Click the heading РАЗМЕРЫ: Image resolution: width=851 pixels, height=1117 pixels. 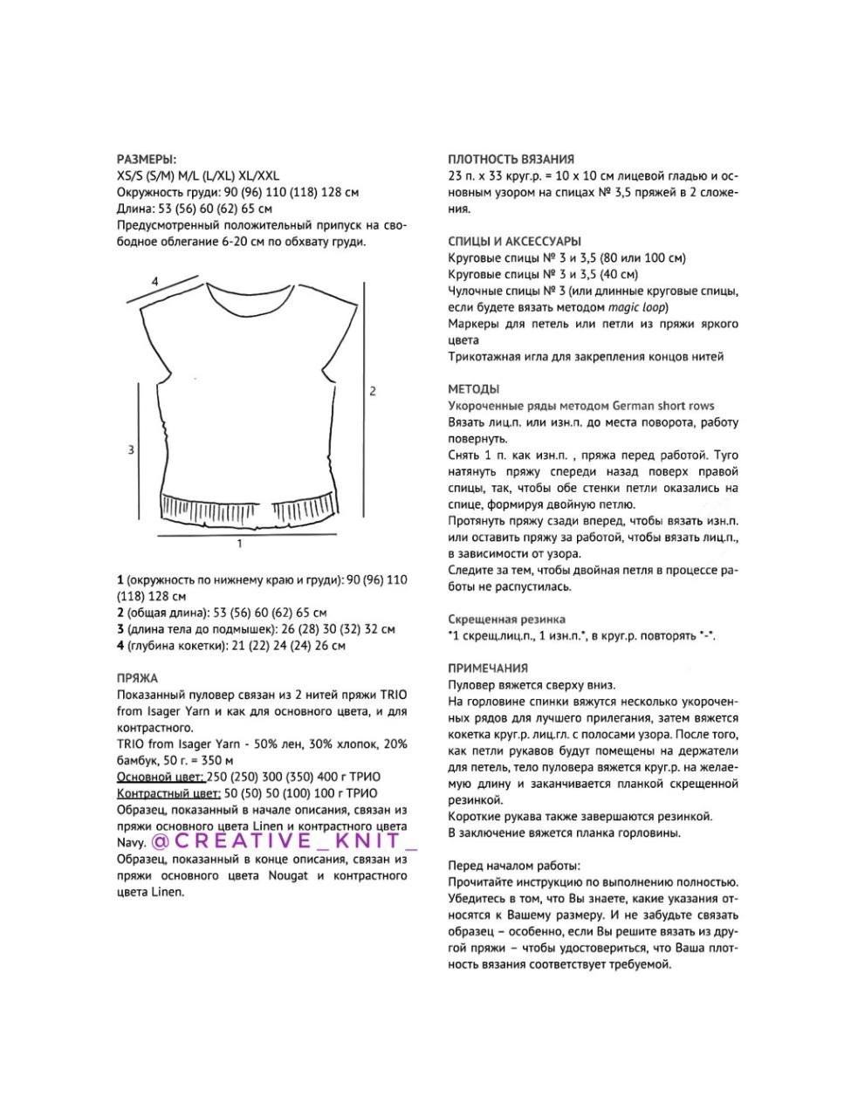click(146, 159)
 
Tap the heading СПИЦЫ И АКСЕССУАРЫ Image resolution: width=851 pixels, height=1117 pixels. click(514, 241)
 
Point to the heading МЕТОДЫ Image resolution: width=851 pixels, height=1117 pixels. click(473, 389)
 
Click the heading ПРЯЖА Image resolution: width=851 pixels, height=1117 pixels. click(137, 677)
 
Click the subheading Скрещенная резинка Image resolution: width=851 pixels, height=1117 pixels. click(506, 619)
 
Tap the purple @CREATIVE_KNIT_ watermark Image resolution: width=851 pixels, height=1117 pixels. click(284, 840)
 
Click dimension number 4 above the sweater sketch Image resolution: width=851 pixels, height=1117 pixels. click(154, 281)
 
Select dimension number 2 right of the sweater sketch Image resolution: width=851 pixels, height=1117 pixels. click(373, 391)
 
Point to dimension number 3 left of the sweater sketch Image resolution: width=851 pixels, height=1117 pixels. click(131, 449)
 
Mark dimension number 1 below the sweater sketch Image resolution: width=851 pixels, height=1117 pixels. click(240, 544)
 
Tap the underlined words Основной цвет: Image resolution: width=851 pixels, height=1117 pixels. click(161, 777)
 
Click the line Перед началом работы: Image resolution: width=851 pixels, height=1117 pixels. click(513, 866)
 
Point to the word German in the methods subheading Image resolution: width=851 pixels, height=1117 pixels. click(634, 406)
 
